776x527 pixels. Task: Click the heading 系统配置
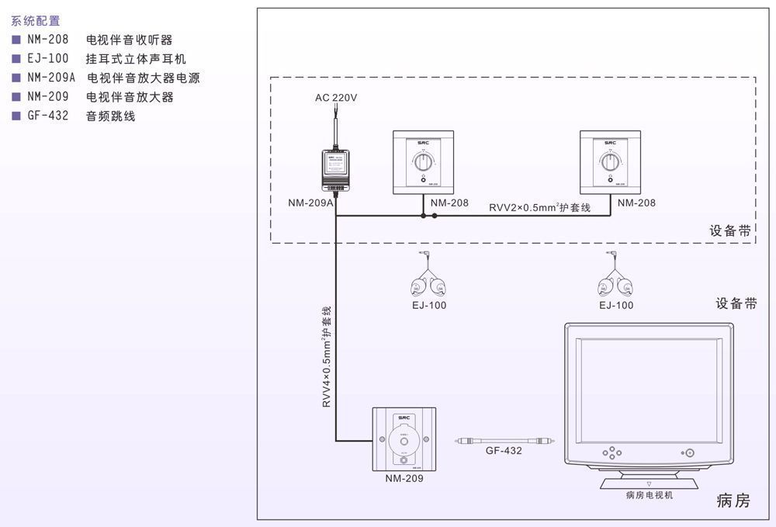point(36,22)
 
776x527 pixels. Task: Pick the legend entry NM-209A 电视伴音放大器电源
point(106,78)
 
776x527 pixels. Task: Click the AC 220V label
point(336,99)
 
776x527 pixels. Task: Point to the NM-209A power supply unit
point(335,168)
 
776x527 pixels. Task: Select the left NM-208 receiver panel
point(423,162)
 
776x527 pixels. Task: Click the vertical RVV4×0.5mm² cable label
point(327,357)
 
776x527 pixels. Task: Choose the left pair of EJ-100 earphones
point(428,280)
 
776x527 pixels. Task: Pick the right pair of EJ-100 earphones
point(613,280)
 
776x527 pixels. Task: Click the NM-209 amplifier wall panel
point(404,439)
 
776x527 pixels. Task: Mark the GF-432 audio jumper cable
point(504,439)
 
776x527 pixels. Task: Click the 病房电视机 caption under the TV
point(650,495)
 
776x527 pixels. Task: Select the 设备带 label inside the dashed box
point(730,231)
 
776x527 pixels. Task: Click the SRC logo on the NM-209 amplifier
point(404,418)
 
